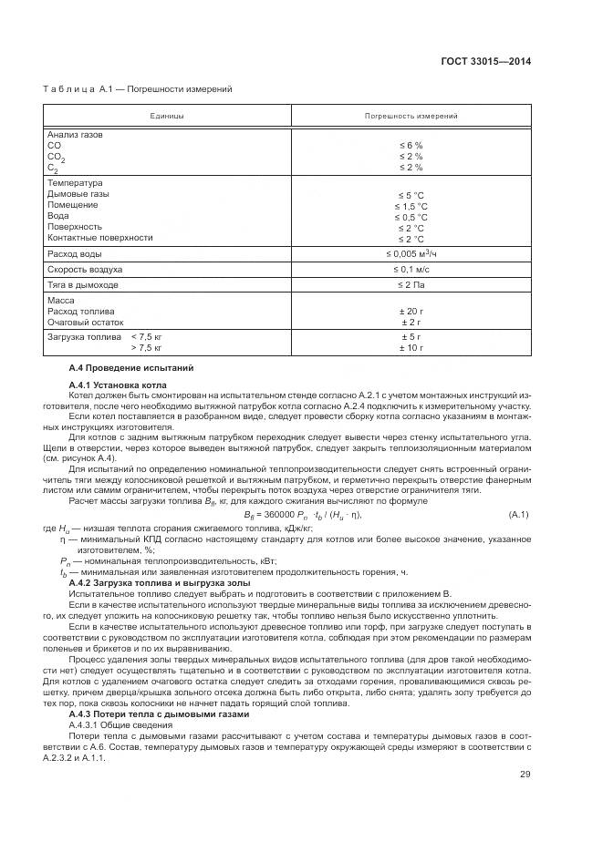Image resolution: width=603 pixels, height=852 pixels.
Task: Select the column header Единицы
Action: point(167,117)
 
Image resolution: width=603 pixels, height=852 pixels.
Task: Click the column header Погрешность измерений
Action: point(411,117)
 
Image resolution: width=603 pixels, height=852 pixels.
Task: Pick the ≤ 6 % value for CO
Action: point(411,146)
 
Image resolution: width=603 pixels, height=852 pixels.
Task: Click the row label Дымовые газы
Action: point(78,194)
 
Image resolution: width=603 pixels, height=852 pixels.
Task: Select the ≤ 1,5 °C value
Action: point(411,206)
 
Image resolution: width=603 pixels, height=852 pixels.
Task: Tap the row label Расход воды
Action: point(74,253)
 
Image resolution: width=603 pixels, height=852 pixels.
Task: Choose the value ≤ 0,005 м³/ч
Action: point(411,253)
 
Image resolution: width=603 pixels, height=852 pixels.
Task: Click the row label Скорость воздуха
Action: point(84,270)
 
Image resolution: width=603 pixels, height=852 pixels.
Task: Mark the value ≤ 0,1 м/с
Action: point(411,270)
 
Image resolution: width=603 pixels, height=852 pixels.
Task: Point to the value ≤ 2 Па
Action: point(411,284)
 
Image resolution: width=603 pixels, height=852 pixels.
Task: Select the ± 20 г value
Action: point(411,311)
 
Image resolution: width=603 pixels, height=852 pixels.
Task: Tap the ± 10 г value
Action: point(411,347)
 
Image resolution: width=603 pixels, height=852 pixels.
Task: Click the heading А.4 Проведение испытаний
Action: point(131,367)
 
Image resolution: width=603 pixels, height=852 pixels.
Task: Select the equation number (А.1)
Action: point(518,515)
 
